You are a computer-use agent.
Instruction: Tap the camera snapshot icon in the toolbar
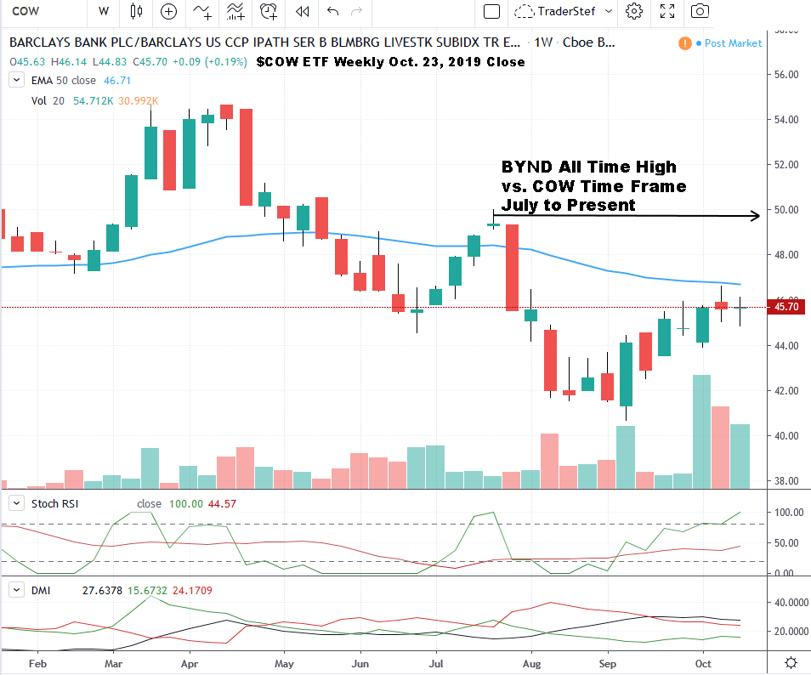pyautogui.click(x=700, y=11)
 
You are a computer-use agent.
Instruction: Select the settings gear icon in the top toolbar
pyautogui.click(x=633, y=11)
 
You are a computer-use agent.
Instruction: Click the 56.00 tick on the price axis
pyautogui.click(x=787, y=75)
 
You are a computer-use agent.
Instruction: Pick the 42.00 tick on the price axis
pyautogui.click(x=787, y=391)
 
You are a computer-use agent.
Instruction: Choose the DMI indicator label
pyautogui.click(x=39, y=588)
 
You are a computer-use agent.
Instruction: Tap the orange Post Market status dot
pyautogui.click(x=684, y=43)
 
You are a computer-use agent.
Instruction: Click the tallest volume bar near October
pyautogui.click(x=702, y=432)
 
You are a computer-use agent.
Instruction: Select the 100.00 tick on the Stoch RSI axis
pyautogui.click(x=787, y=513)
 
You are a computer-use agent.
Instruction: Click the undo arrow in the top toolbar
pyautogui.click(x=332, y=11)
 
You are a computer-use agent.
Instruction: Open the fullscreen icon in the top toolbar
pyautogui.click(x=667, y=11)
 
